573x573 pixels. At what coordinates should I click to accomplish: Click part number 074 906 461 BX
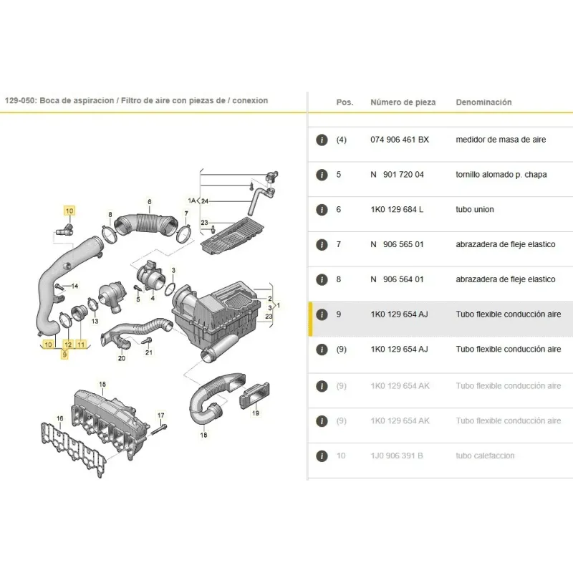click(400, 140)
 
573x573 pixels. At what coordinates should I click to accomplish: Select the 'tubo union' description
click(475, 209)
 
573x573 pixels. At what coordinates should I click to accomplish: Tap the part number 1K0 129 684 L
click(397, 209)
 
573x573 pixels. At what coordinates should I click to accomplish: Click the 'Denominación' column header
click(483, 102)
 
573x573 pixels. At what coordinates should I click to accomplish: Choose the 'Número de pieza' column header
click(403, 102)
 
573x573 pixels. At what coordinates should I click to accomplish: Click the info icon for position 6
click(322, 210)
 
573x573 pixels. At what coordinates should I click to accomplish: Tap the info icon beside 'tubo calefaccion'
click(322, 456)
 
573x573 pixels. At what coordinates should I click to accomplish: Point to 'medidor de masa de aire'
click(501, 140)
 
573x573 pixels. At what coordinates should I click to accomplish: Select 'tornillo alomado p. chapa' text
click(501, 175)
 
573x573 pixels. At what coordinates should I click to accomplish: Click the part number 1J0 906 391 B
click(397, 456)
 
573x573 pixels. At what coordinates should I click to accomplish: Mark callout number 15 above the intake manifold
click(102, 384)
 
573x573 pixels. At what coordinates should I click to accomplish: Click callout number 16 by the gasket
click(60, 418)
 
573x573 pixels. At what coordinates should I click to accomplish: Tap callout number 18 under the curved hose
click(203, 435)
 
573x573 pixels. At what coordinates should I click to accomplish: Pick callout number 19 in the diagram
click(256, 413)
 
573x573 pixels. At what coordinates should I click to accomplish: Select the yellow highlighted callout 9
click(64, 355)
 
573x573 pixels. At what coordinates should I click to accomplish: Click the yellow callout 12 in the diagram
click(68, 345)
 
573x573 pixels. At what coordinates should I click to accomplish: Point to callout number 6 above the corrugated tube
click(150, 202)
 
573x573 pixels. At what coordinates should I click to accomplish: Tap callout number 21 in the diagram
click(149, 352)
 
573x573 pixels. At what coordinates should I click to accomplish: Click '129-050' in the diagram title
click(20, 100)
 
